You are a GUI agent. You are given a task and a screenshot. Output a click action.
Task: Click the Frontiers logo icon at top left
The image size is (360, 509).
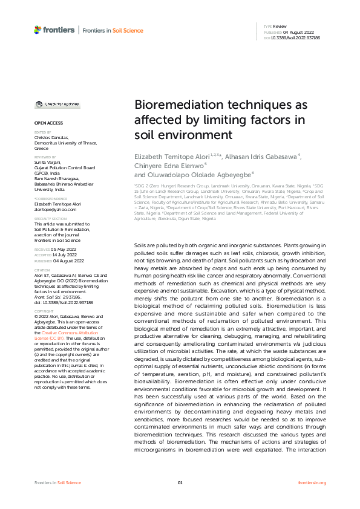pos(38,30)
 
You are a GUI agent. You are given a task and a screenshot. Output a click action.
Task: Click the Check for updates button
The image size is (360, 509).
pos(57,104)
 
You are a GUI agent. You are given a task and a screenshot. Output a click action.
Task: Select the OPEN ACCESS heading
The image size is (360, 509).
pos(44,123)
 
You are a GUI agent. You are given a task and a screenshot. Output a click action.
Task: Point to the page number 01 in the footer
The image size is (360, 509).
pos(180,482)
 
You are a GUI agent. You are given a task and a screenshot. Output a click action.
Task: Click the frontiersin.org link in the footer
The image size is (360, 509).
pos(312,482)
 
